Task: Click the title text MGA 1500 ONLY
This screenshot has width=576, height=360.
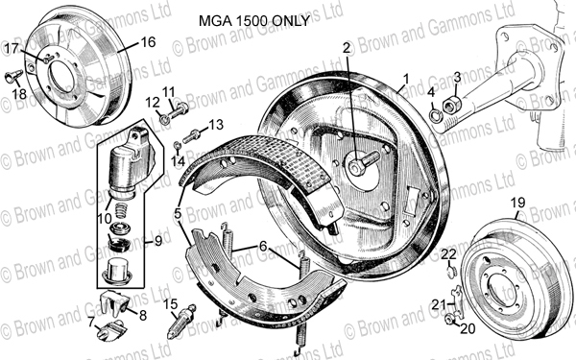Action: tap(254, 21)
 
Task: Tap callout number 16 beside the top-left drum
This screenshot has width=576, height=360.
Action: tap(148, 42)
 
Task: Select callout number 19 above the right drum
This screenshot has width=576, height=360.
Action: tap(518, 203)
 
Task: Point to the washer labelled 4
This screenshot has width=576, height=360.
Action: tap(435, 116)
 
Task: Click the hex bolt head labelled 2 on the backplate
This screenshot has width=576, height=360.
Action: tap(356, 167)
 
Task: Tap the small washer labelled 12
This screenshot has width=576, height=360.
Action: tap(165, 119)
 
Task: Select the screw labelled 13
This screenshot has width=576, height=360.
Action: tap(192, 136)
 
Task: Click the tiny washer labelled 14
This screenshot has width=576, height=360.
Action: tap(177, 145)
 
